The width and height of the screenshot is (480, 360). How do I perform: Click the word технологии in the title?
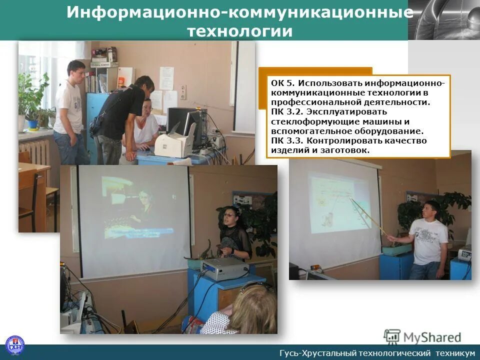239,31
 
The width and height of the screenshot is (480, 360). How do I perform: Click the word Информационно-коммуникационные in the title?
239,12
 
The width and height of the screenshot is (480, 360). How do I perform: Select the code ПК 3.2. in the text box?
287,111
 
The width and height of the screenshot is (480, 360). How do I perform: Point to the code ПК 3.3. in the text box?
287,140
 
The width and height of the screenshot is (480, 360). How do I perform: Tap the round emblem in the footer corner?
14,345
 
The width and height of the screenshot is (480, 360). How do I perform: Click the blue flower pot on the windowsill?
33,123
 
